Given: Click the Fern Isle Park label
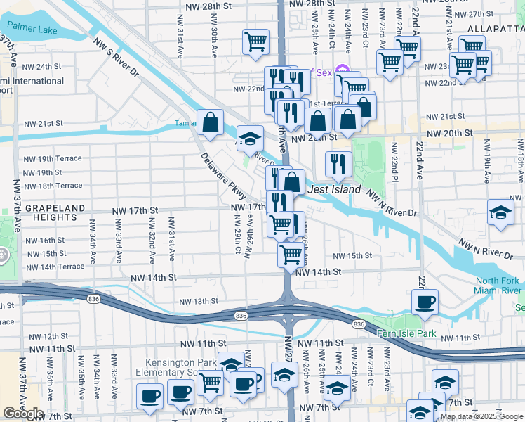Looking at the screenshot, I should coord(407,333).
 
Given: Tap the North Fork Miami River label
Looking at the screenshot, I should coord(497,286).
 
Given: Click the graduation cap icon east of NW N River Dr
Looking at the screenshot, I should coord(499,213).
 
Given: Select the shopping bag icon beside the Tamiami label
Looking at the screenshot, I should coord(210,123).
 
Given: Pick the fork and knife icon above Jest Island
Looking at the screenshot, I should coord(339,165).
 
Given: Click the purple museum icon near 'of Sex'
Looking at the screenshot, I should coord(342,70).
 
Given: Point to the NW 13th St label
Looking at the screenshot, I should coord(199,302).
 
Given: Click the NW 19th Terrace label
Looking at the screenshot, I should coord(53,160).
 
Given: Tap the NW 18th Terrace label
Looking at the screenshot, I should coord(53,186).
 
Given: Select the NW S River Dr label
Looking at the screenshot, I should coord(119,57).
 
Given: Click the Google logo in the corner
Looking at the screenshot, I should coord(24,414).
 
